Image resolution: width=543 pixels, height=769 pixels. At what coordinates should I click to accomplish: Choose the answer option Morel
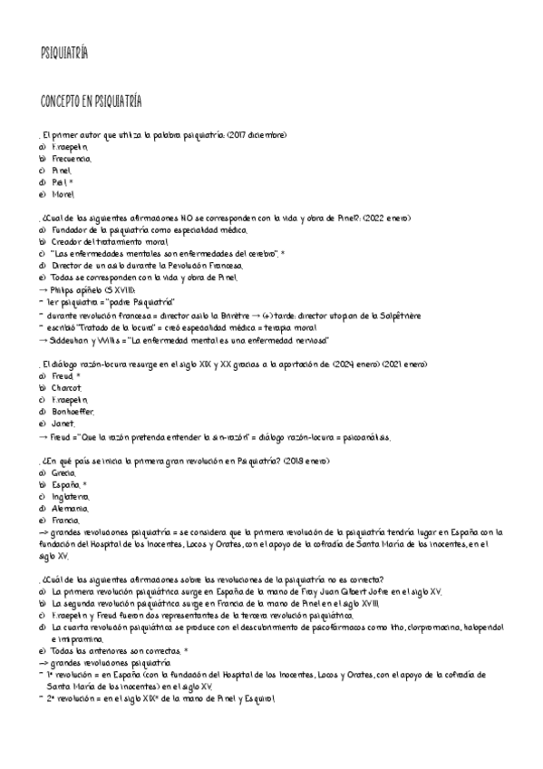[63, 193]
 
